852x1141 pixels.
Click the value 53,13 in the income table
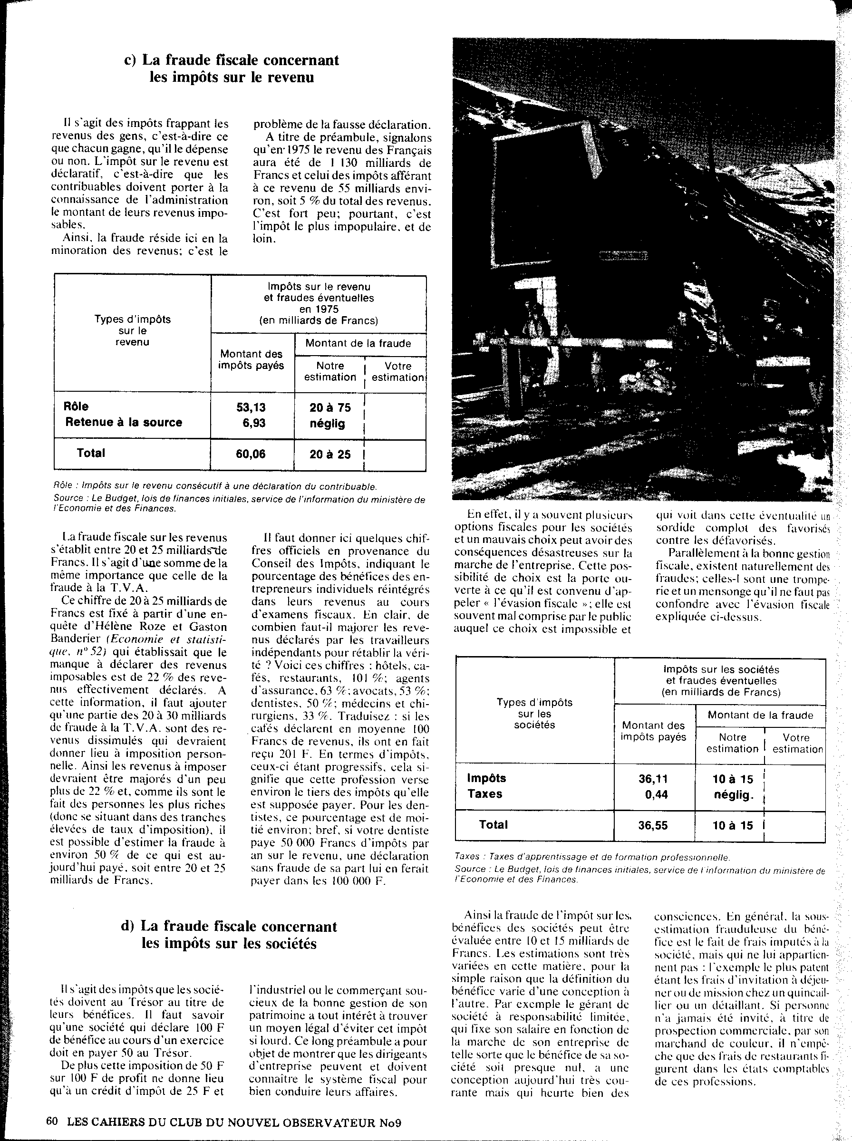pyautogui.click(x=251, y=407)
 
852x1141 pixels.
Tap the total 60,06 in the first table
pyautogui.click(x=251, y=454)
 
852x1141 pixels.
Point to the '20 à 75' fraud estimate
pyautogui.click(x=330, y=407)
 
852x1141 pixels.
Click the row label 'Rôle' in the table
pyautogui.click(x=76, y=407)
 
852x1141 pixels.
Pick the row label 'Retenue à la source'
pyautogui.click(x=123, y=422)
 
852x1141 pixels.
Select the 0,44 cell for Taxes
pyautogui.click(x=656, y=794)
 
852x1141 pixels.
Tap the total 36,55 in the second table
pyautogui.click(x=653, y=825)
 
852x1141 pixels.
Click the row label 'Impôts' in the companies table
pyautogui.click(x=486, y=778)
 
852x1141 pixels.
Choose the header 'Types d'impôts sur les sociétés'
pyautogui.click(x=534, y=714)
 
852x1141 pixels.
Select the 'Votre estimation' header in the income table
pyautogui.click(x=397, y=372)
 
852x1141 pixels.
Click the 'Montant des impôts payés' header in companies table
pyautogui.click(x=653, y=732)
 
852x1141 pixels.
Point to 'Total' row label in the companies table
pyautogui.click(x=493, y=824)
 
